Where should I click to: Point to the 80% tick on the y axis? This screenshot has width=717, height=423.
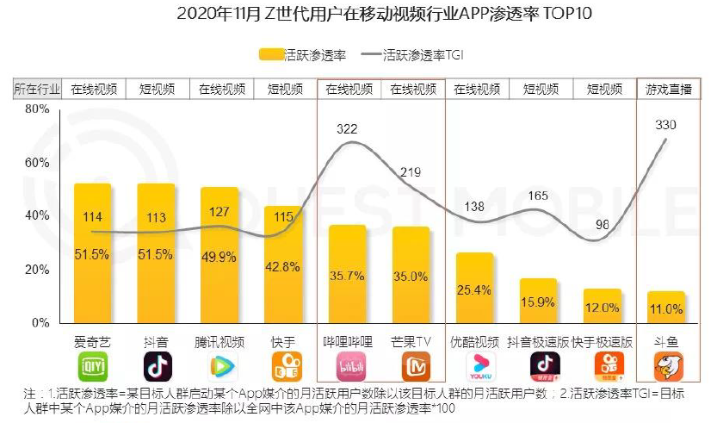36,109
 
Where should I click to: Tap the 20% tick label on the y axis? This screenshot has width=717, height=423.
36,270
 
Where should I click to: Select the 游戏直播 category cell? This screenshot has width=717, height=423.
668,89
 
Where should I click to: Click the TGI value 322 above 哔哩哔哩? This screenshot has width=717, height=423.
347,129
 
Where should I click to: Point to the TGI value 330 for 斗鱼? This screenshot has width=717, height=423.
665,125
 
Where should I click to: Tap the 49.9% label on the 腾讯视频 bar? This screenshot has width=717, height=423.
220,257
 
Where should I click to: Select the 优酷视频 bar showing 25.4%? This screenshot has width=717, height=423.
474,288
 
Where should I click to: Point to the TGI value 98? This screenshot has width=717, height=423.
603,225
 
